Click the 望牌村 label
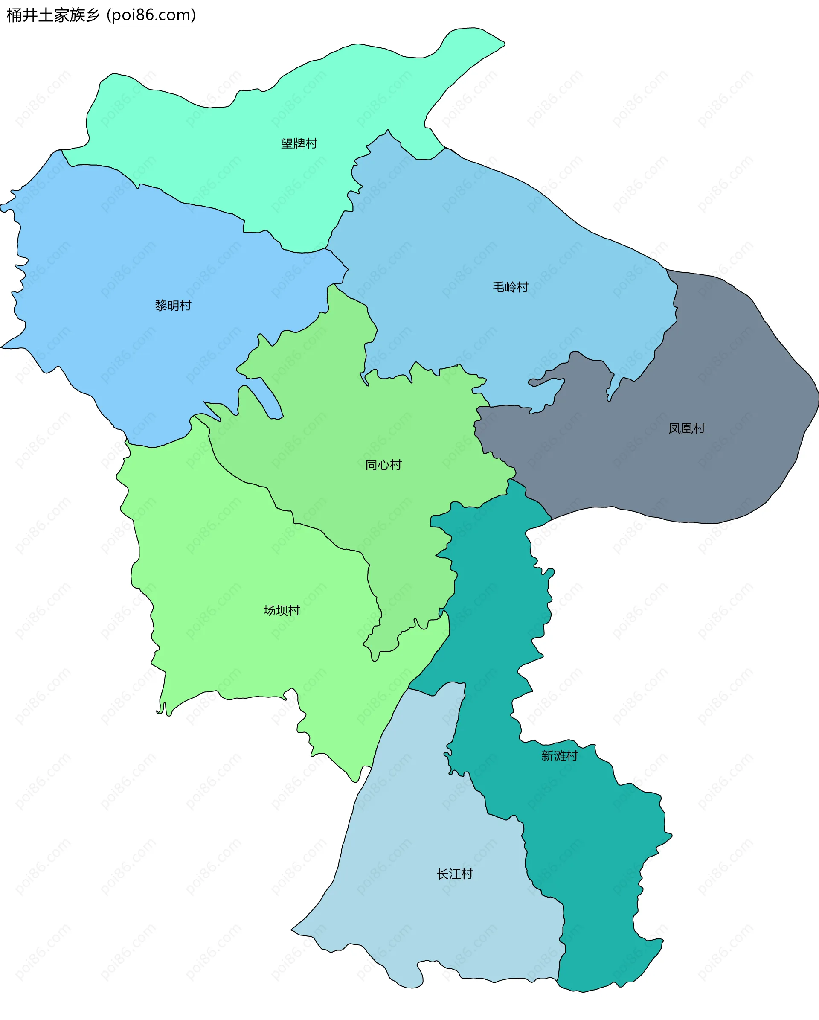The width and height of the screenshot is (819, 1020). coord(299,143)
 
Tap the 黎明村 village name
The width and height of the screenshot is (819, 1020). coord(173,306)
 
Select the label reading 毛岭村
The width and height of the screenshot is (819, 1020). coord(510,287)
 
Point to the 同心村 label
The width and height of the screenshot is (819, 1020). coord(383,465)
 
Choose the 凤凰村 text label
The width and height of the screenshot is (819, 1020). coord(687,428)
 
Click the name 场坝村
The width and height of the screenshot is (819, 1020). coord(282,610)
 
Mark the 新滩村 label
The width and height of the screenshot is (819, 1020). coord(559,756)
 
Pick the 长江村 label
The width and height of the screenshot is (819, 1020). coord(454,874)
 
